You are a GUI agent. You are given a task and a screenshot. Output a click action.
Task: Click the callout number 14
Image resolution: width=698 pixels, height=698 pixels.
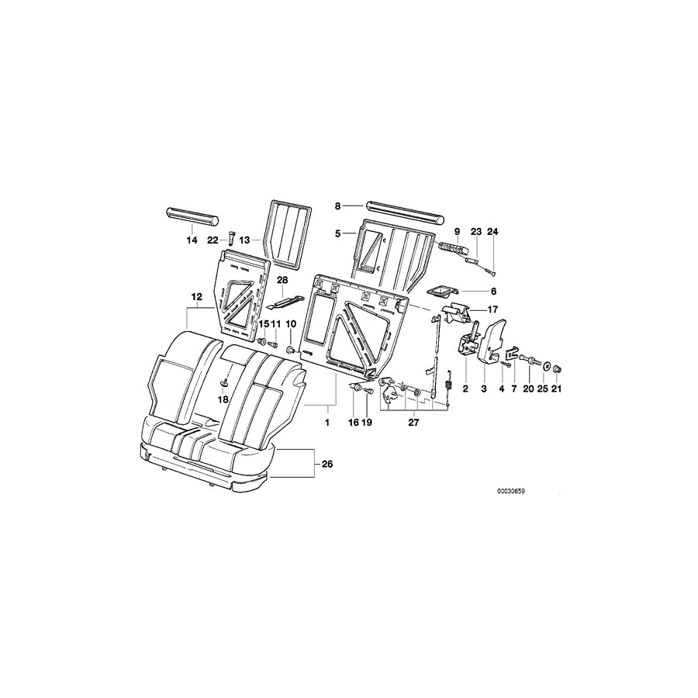pos(192,240)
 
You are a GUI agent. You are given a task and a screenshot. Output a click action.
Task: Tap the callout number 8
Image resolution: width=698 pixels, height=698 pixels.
pos(338,206)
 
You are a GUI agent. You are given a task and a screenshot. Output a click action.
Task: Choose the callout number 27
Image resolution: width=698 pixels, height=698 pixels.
pos(413,423)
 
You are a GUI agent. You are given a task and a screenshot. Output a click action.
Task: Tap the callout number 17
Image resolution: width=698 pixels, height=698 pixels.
pos(492,310)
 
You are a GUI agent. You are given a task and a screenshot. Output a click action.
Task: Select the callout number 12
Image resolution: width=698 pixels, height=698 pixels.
pos(196,296)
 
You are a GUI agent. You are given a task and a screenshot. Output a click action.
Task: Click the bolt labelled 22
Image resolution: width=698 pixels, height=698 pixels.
pos(232,237)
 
